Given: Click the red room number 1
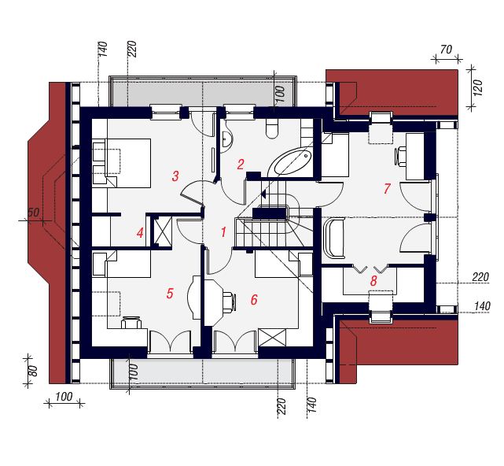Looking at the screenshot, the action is pyautogui.click(x=223, y=232).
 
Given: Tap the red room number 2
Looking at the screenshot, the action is pyautogui.click(x=241, y=165).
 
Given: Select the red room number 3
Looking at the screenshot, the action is pyautogui.click(x=175, y=176).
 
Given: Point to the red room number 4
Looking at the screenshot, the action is pyautogui.click(x=140, y=233).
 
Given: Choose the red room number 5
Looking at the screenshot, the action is pyautogui.click(x=170, y=293).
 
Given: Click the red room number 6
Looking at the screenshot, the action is pyautogui.click(x=254, y=300).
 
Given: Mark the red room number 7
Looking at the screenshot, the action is pyautogui.click(x=387, y=188).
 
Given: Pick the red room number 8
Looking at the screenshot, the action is pyautogui.click(x=373, y=281).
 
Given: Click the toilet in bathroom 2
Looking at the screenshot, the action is pyautogui.click(x=272, y=128).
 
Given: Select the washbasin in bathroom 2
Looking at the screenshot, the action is pyautogui.click(x=227, y=139).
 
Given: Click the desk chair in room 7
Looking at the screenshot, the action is pyautogui.click(x=401, y=156).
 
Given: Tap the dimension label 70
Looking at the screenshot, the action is pyautogui.click(x=446, y=50).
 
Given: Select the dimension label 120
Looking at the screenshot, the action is pyautogui.click(x=478, y=87).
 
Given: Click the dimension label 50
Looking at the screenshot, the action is pyautogui.click(x=34, y=213).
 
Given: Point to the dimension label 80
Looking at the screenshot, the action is pyautogui.click(x=33, y=371).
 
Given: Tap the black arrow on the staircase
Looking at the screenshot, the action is pyautogui.click(x=263, y=194).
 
